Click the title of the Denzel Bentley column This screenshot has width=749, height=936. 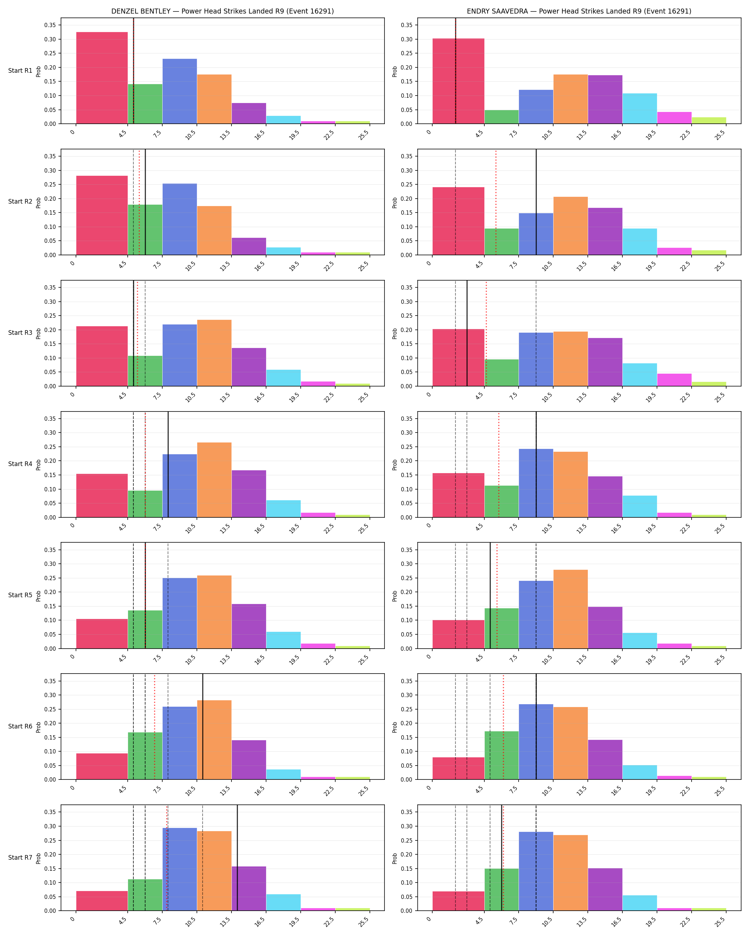coord(222,11)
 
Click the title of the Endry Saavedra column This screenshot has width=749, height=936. coord(579,11)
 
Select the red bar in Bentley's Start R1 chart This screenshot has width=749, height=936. coord(102,78)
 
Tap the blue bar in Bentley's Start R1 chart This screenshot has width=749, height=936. coord(180,91)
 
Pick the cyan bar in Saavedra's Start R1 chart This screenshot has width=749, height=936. coord(640,108)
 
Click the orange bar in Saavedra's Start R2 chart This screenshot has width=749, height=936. coord(571,226)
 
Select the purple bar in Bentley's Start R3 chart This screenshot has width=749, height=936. coord(249,367)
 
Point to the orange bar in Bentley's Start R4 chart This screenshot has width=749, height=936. coord(214,480)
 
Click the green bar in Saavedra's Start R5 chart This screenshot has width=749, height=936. coord(501,628)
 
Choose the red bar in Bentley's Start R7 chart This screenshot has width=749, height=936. coord(102,901)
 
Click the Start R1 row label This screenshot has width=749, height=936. coord(20,71)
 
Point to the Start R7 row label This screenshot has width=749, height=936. coord(20,858)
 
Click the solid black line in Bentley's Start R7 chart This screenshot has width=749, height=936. coord(237,858)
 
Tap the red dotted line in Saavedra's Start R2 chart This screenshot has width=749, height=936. coord(496,202)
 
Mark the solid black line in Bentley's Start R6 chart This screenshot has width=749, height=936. coord(203,726)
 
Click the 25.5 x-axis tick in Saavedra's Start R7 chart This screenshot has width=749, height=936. coord(720,921)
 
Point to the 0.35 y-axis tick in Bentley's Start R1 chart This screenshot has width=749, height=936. coord(50,25)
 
